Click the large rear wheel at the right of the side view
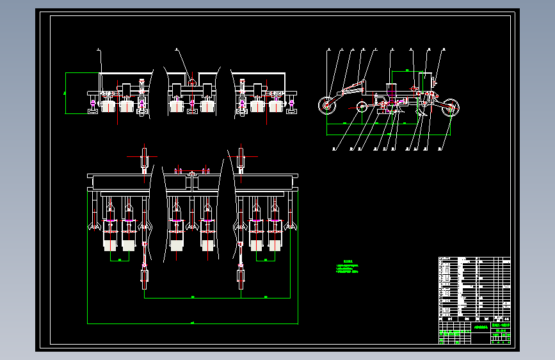pos(451,107)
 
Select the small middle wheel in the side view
pos(362,108)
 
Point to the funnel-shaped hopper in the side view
pos(392,90)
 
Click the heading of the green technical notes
pos(348,261)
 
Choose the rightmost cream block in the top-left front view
pos(276,106)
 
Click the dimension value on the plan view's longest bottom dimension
pos(193,322)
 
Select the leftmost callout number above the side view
pos(328,49)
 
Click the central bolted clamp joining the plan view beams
pos(192,173)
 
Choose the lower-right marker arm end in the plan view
pos(241,278)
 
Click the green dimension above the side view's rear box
pos(408,69)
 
